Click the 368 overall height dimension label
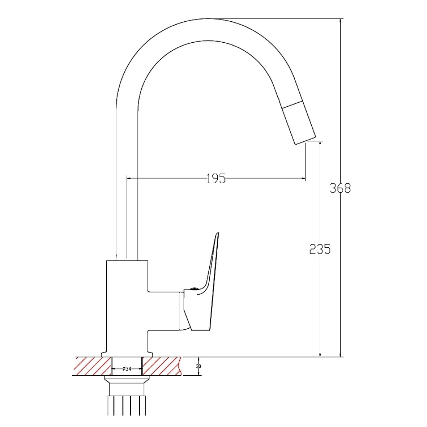click(x=340, y=188)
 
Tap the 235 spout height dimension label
click(x=320, y=249)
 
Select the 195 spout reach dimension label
click(x=216, y=178)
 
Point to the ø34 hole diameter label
click(x=127, y=369)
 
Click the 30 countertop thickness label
click(x=199, y=366)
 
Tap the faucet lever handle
click(x=202, y=286)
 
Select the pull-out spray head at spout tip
click(x=298, y=123)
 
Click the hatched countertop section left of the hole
click(x=93, y=366)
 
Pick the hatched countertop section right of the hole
click(x=161, y=366)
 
